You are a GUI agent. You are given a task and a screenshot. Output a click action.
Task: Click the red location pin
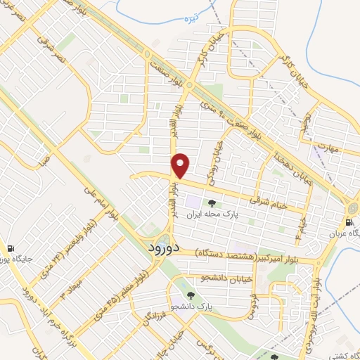pyautogui.click(x=181, y=165)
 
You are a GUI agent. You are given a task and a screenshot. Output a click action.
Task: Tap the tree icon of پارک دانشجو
pyautogui.click(x=191, y=295)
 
